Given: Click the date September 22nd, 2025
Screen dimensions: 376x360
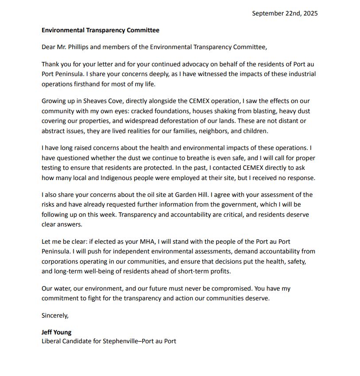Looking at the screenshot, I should [x=285, y=13].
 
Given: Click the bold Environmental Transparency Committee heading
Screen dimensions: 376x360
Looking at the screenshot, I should [x=100, y=31].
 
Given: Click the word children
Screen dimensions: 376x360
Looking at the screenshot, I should [x=253, y=131].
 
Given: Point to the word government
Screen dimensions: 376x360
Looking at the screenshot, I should [x=245, y=205].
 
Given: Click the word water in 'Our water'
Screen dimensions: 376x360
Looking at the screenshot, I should [x=63, y=288].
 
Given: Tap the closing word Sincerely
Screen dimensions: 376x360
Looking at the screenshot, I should [x=55, y=315].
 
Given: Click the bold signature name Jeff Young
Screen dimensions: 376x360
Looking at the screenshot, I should [x=56, y=332].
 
